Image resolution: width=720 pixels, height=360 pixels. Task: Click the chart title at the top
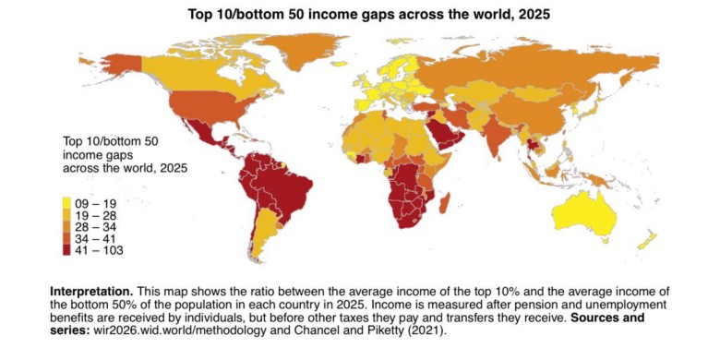coord(360,14)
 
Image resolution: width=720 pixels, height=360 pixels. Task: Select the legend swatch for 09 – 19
coord(68,202)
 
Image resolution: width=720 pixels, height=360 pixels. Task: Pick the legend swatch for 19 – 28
coord(68,214)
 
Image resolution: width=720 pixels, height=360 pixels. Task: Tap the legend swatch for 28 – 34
coord(68,226)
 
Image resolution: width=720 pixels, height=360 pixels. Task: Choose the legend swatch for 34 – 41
coord(68,238)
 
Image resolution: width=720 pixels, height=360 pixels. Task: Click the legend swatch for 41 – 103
coord(68,250)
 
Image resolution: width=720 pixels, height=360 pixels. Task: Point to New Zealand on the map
coord(646,242)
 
